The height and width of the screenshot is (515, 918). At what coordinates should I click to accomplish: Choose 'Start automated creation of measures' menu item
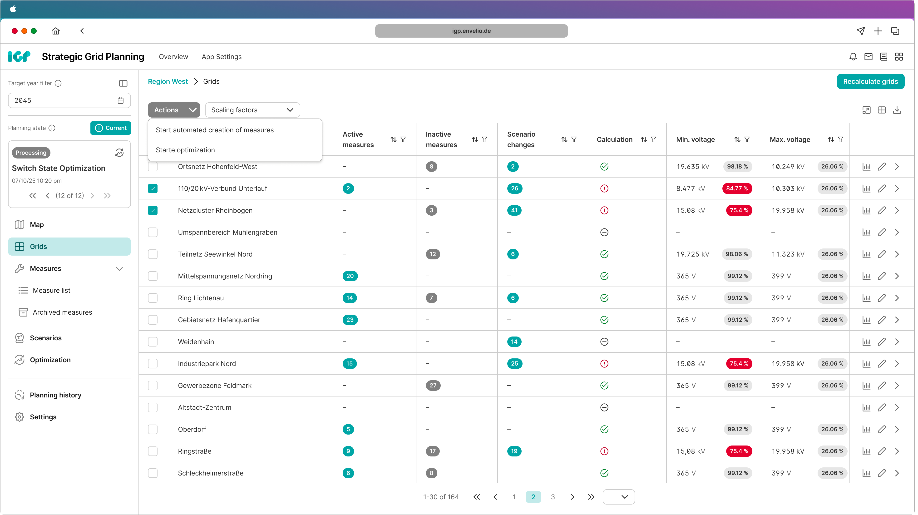click(x=215, y=130)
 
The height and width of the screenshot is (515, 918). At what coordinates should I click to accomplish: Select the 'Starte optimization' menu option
click(x=185, y=150)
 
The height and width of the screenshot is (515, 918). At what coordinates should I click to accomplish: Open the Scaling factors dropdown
click(x=252, y=110)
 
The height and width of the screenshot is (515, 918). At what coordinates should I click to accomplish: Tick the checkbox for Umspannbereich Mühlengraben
click(x=153, y=232)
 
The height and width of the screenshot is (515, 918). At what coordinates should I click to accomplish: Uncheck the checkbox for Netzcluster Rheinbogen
click(x=153, y=210)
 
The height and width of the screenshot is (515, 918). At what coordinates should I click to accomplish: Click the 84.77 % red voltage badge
click(x=737, y=188)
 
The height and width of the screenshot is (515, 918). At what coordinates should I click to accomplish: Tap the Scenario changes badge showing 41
click(x=514, y=210)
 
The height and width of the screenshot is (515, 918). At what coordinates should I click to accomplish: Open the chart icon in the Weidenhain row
click(x=866, y=342)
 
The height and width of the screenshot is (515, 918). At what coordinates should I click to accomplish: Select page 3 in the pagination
click(x=553, y=497)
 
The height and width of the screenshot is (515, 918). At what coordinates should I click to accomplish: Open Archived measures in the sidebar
click(x=62, y=312)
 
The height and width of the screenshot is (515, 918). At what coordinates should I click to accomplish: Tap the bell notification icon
click(x=853, y=57)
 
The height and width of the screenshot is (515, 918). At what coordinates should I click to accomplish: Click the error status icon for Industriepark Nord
click(x=604, y=364)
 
